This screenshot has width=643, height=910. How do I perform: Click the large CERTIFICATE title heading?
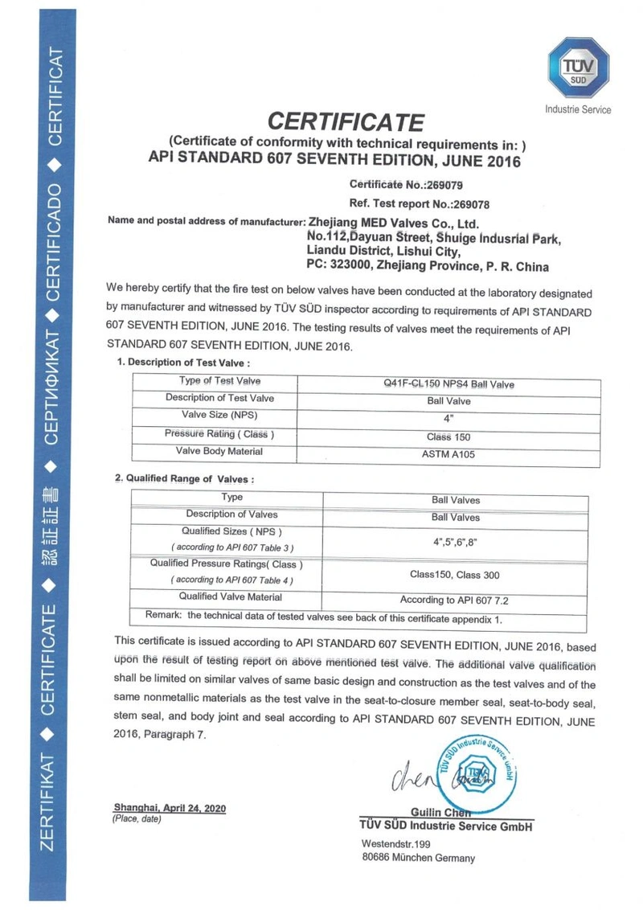pos(345,122)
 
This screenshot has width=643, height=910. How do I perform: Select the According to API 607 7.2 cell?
pos(455,599)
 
